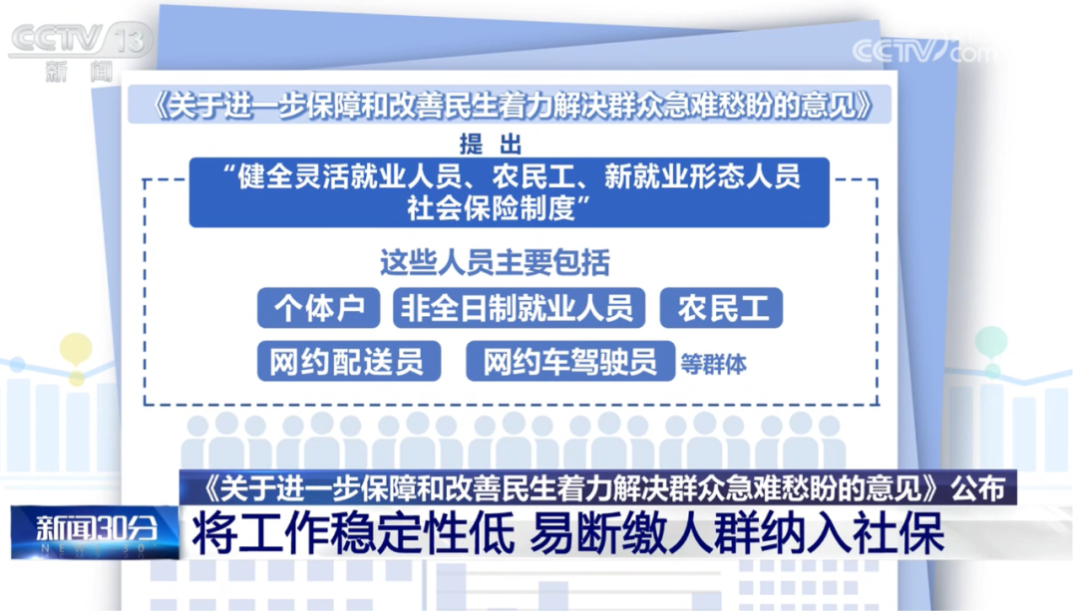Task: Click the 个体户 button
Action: (x=318, y=308)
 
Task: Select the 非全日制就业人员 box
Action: (x=518, y=308)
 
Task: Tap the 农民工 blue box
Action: (x=722, y=308)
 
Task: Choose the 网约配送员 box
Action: (x=348, y=362)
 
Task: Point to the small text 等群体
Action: (x=713, y=364)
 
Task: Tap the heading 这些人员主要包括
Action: (x=495, y=263)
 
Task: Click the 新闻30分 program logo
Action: (x=96, y=529)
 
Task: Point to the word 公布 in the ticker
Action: (x=977, y=487)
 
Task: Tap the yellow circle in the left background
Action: (x=75, y=348)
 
